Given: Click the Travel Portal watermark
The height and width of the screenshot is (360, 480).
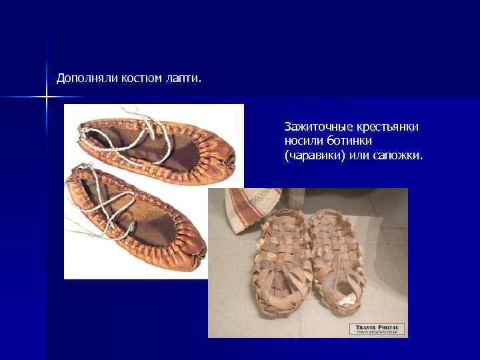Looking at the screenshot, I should (x=377, y=329).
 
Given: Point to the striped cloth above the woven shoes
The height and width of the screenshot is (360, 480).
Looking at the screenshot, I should (x=253, y=203).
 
